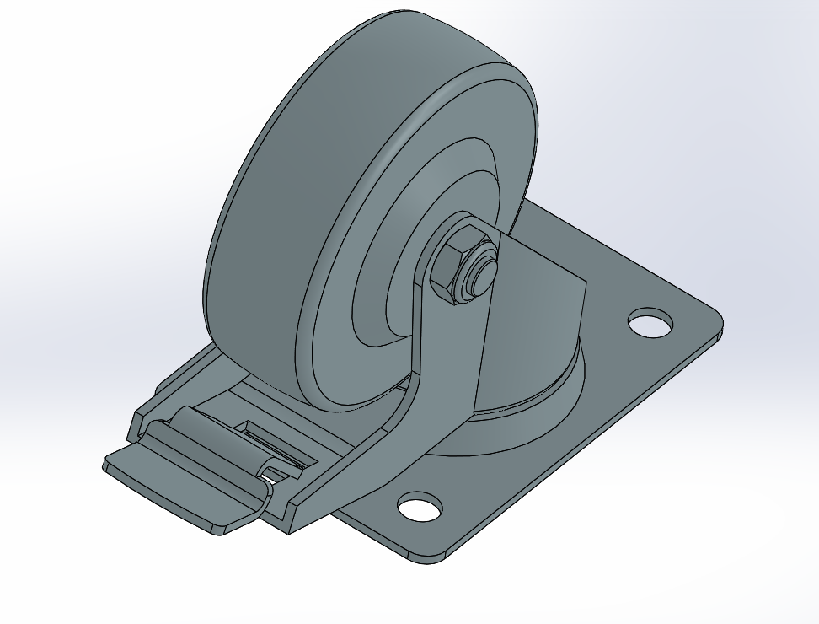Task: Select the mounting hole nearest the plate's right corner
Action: [651, 322]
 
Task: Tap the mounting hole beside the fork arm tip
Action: [420, 507]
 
